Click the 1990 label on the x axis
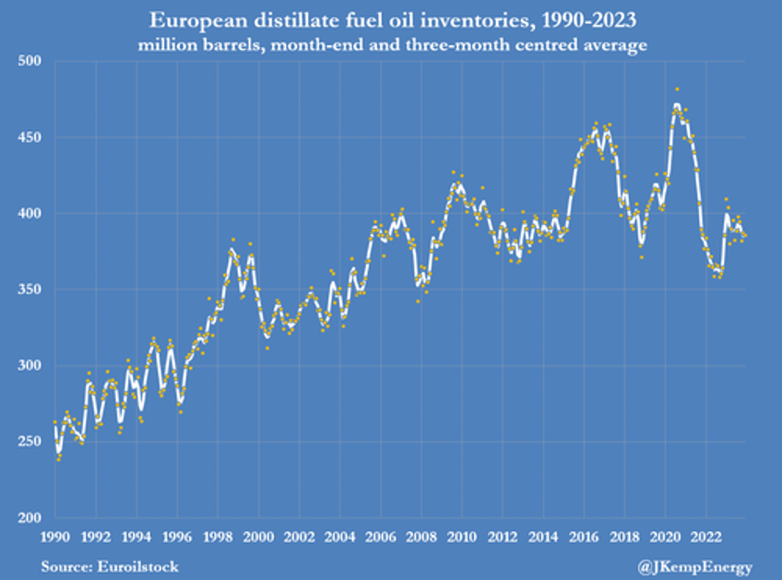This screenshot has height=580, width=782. coord(55,535)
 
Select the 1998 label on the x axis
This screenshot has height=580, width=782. coord(218,535)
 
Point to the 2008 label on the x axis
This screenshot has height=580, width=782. coord(421,535)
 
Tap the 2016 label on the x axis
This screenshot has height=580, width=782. coord(584,535)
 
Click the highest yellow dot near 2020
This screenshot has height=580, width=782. coord(677,89)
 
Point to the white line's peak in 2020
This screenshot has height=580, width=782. coord(677,105)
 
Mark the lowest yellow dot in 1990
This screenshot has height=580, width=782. coord(59,458)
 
